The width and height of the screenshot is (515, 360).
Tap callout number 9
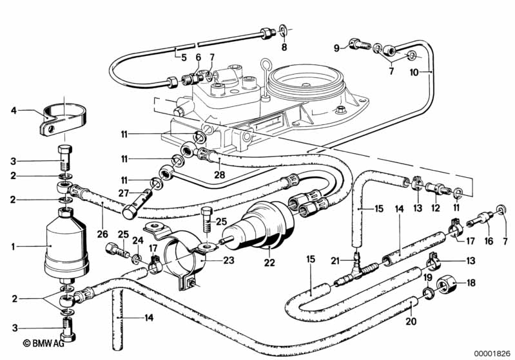336,47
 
